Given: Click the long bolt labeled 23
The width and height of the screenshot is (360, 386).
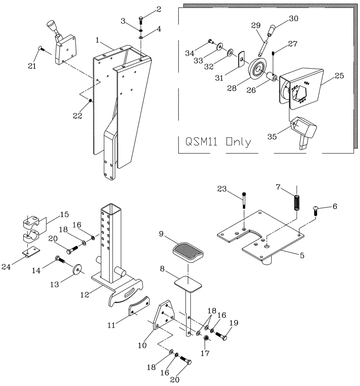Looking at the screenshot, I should [244, 200].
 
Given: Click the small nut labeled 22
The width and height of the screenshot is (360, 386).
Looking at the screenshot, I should [90, 101].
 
